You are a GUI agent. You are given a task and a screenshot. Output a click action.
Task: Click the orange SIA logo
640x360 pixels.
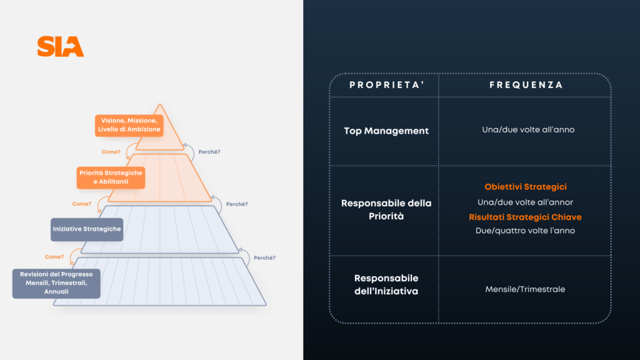(60, 47)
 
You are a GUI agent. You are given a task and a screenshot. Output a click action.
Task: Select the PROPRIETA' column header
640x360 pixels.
(384, 85)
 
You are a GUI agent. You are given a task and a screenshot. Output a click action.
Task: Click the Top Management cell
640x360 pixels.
(386, 131)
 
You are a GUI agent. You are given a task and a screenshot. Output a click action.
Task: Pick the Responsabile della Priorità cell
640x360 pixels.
(386, 209)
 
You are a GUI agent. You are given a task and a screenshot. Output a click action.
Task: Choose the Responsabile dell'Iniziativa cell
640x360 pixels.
(386, 284)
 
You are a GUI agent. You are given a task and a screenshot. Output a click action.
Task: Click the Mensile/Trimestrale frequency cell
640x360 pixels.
(525, 289)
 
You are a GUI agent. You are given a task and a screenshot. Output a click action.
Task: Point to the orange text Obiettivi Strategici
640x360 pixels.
(526, 187)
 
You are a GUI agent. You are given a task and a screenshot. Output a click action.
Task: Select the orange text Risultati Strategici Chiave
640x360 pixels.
(525, 217)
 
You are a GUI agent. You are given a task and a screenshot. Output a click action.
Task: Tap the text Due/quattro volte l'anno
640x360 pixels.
(526, 231)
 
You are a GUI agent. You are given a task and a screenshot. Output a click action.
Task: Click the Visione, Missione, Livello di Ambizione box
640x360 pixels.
(129, 124)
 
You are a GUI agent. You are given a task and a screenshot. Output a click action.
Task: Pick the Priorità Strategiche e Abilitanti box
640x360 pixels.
(111, 177)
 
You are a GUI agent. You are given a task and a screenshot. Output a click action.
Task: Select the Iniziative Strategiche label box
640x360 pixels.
(86, 229)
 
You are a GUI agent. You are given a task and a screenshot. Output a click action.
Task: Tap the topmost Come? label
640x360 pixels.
(111, 151)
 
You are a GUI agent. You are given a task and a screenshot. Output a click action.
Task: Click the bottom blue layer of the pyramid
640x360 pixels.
(160, 281)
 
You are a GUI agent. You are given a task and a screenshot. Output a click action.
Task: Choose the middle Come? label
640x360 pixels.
(82, 204)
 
